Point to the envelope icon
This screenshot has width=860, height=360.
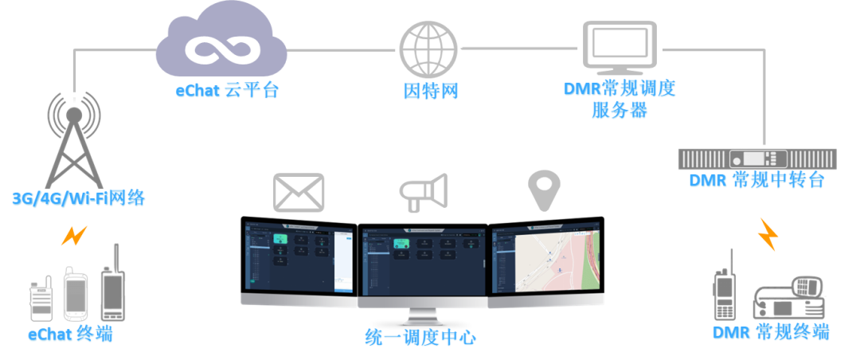[299, 192]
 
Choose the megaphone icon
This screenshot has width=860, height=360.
[423, 192]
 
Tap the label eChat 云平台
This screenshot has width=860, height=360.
[228, 91]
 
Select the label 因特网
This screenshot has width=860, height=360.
[430, 91]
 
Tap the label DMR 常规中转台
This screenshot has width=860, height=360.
[756, 181]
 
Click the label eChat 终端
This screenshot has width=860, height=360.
[70, 335]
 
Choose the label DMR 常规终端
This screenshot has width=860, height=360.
[770, 332]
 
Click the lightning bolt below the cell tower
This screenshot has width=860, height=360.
[74, 235]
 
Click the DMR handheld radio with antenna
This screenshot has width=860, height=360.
[725, 288]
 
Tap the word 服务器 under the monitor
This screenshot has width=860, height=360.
[619, 111]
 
